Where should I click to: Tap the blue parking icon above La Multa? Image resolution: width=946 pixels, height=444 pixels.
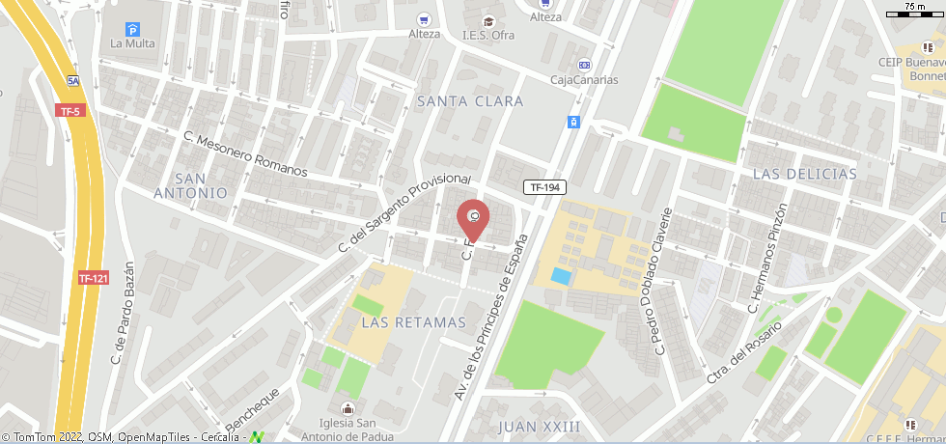(132, 29)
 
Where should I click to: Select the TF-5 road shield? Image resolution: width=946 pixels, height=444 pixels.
(70, 111)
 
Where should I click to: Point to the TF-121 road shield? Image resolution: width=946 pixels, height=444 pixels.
(93, 278)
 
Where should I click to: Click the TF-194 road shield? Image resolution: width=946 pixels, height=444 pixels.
(544, 187)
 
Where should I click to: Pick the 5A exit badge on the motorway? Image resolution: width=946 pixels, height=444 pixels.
(73, 81)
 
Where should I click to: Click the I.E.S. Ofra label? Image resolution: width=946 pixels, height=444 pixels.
(487, 36)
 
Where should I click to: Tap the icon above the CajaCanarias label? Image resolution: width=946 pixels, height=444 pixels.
(584, 65)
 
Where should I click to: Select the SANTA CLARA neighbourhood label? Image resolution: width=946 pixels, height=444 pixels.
(470, 101)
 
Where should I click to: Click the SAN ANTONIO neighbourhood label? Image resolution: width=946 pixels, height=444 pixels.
(190, 185)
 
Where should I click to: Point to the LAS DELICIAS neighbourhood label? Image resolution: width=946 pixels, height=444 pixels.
(804, 174)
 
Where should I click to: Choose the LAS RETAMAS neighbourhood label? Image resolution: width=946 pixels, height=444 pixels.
(413, 322)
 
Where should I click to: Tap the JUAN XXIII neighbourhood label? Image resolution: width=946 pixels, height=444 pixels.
(540, 426)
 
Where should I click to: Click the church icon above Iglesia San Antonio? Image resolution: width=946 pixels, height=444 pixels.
(348, 409)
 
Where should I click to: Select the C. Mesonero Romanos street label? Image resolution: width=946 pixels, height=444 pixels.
(245, 154)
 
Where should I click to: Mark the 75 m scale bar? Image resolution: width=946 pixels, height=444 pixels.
(912, 13)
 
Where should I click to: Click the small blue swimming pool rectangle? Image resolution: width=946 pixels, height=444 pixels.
(560, 276)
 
